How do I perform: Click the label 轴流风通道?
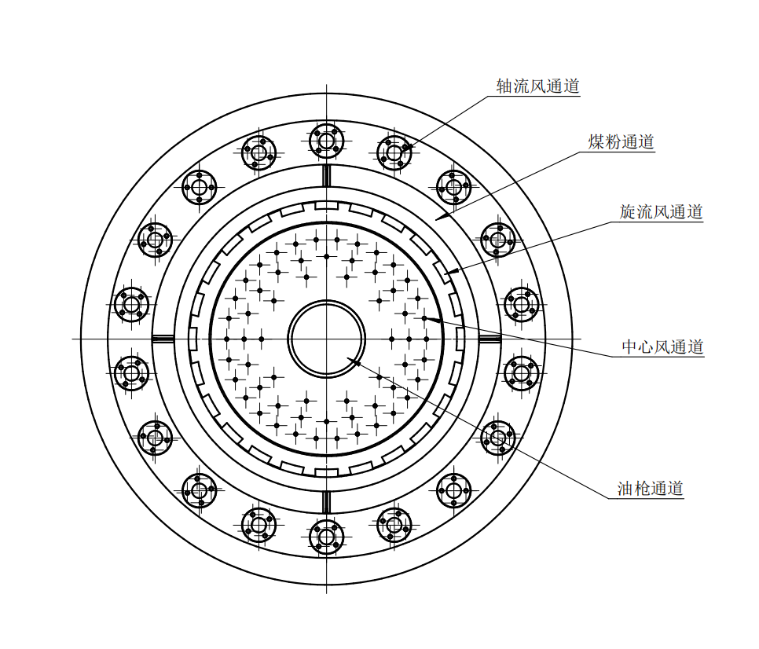[x=537, y=86]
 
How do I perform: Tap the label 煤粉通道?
[x=621, y=141]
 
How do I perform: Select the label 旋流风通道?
[x=661, y=211]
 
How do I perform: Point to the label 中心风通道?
[x=662, y=346]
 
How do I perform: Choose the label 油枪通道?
[x=650, y=489]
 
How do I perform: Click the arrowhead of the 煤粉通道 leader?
[x=442, y=216]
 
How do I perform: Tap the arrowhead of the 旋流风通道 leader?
[x=452, y=272]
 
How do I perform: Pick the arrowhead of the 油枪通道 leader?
[x=354, y=361]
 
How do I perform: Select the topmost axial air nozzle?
[x=326, y=141]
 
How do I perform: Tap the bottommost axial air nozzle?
[x=326, y=537]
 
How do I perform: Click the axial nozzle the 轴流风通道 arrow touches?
[x=394, y=153]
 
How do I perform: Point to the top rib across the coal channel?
[x=326, y=176]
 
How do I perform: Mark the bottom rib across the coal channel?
[x=326, y=502]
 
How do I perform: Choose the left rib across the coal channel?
[x=163, y=339]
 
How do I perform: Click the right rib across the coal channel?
[x=489, y=339]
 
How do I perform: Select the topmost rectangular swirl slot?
[x=326, y=206]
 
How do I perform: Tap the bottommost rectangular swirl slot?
[x=326, y=472]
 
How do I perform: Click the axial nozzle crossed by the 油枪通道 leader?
[x=498, y=438]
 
